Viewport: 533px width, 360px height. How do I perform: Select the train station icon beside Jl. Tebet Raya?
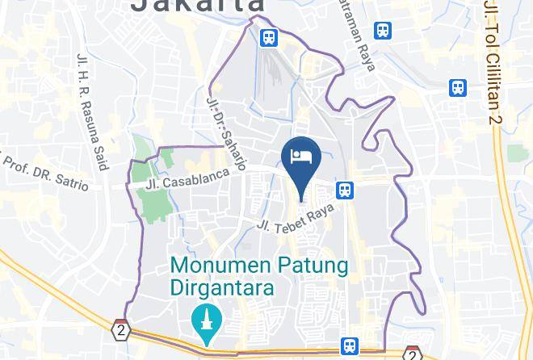[345, 190]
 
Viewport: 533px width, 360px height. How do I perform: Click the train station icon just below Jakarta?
[268, 37]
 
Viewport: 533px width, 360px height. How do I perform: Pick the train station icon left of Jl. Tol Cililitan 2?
[459, 87]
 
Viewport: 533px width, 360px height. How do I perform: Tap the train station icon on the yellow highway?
[349, 345]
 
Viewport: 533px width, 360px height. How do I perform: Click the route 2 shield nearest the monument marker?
[120, 330]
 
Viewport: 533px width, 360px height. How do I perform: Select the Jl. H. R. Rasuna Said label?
[93, 112]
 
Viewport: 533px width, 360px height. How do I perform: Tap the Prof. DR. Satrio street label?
[45, 170]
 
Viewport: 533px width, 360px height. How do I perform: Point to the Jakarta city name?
[198, 6]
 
